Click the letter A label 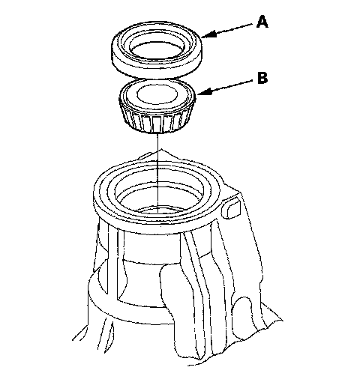[x=262, y=22]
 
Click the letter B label [x=262, y=78]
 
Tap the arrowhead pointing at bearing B [x=205, y=92]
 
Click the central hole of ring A [x=157, y=50]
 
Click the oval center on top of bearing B [x=157, y=94]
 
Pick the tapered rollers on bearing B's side [x=157, y=121]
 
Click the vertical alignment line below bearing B [x=157, y=173]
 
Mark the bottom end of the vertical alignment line [x=157, y=213]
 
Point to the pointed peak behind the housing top [x=162, y=150]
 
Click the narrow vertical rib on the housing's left [x=112, y=262]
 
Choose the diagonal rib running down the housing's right [x=200, y=287]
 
